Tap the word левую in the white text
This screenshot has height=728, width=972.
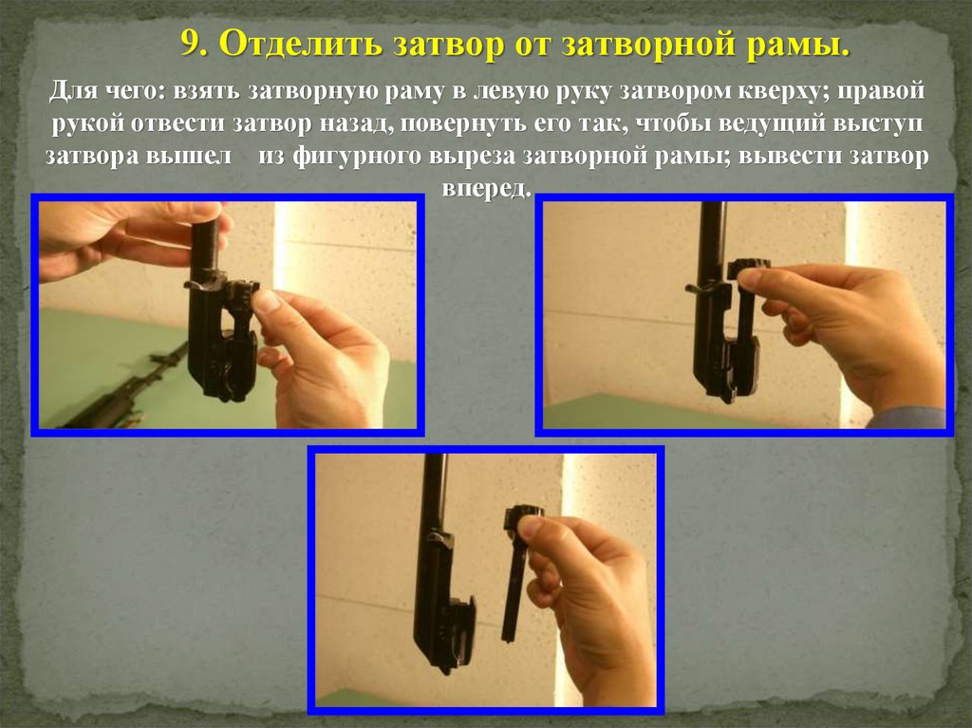[x=515, y=91]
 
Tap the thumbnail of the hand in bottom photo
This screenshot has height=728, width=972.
[x=532, y=529]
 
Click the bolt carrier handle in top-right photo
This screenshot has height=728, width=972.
[x=697, y=289]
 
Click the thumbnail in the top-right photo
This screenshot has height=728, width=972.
[x=752, y=277]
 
